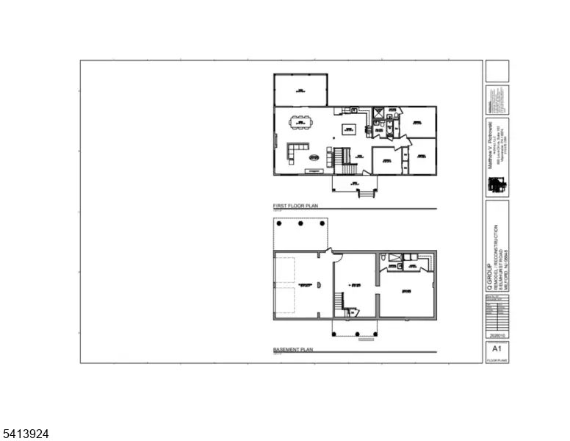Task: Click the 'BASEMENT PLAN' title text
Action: click(x=293, y=349)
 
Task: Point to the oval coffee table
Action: click(x=314, y=157)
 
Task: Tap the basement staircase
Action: click(x=340, y=302)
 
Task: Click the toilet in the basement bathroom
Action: click(x=385, y=257)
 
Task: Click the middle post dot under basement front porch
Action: click(x=356, y=334)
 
